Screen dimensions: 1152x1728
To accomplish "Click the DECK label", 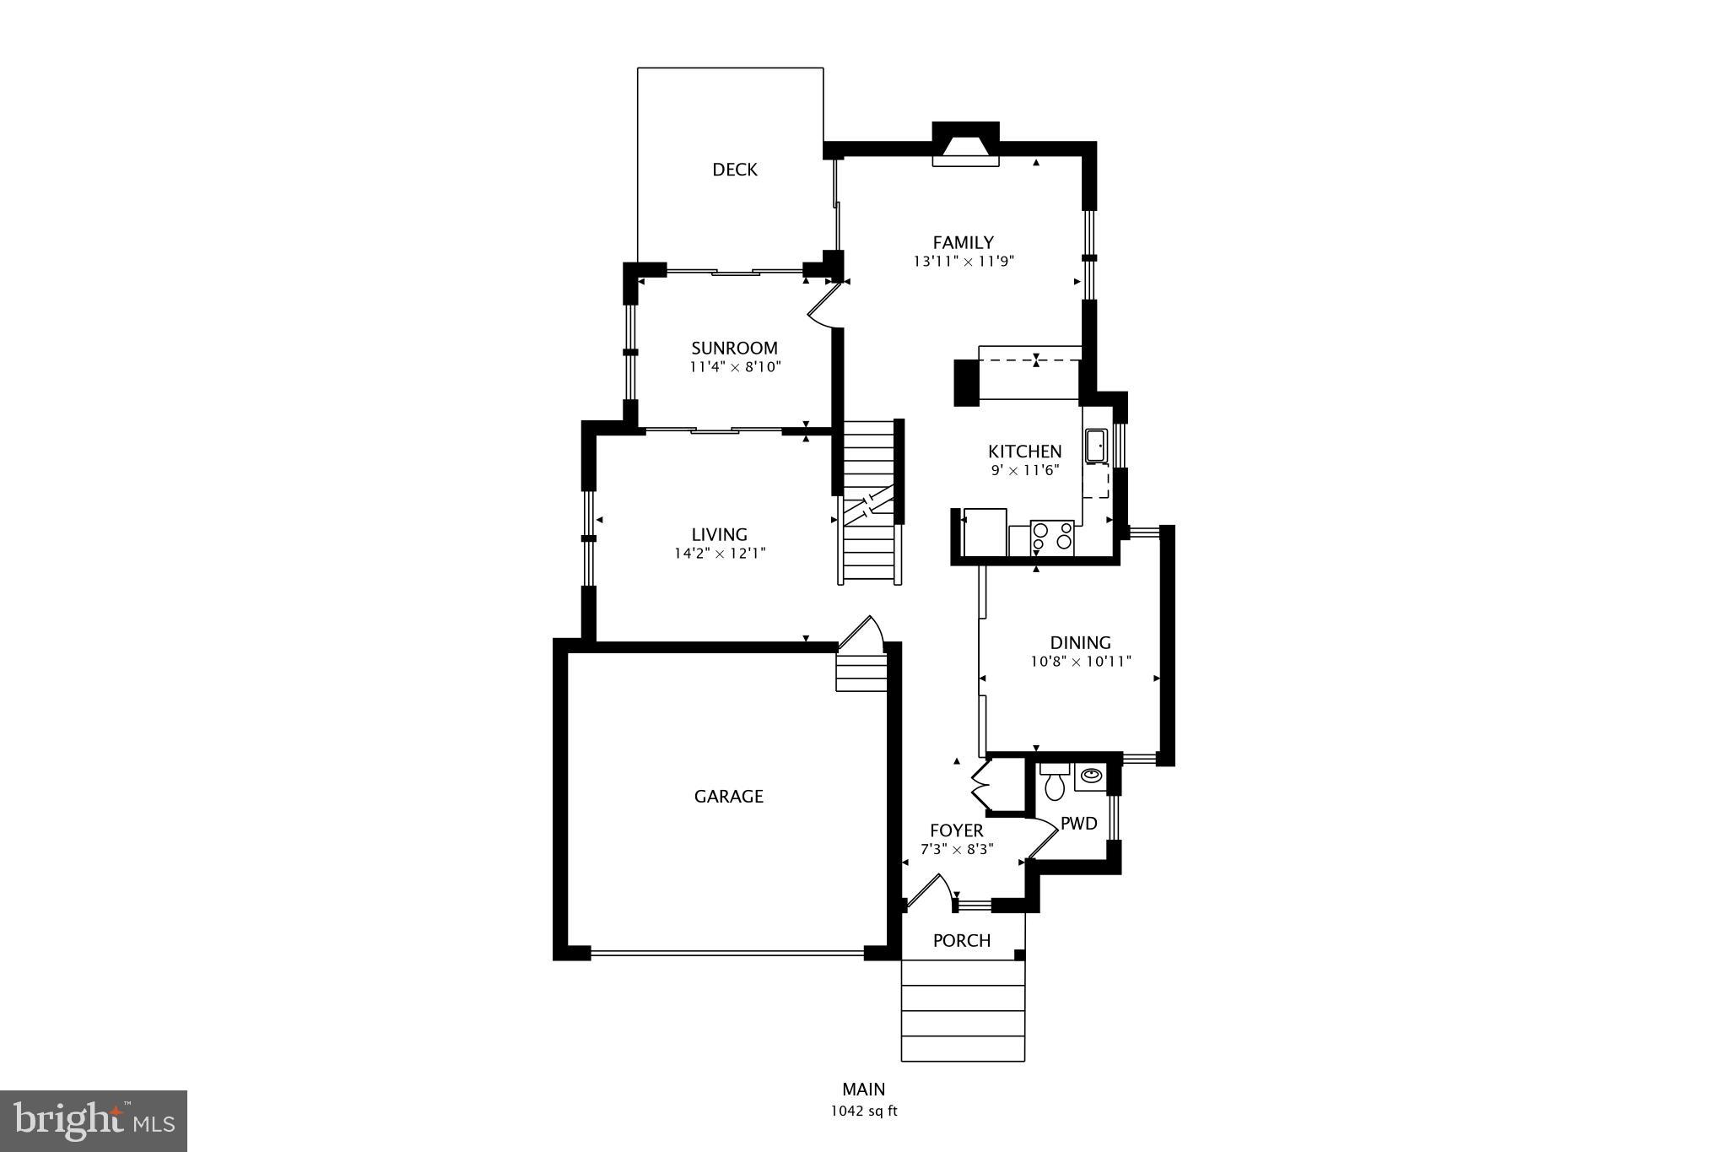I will tap(735, 170).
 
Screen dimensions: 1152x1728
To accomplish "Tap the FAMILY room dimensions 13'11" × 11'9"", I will tap(963, 262).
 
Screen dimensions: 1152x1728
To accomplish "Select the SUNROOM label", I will tap(734, 349).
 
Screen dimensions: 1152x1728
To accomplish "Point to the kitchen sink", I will tap(1096, 446).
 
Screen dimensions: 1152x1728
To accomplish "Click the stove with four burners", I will tap(1052, 538).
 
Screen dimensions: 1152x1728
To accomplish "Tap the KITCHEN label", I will tap(1024, 452).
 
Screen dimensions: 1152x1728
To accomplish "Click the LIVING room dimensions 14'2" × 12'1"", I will tap(719, 554).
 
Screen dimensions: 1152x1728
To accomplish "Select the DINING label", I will tap(1080, 643).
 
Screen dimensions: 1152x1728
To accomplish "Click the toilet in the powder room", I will tap(1054, 783).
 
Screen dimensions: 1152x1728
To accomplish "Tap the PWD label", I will tap(1078, 824).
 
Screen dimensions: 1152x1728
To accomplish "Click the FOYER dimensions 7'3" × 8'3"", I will tap(956, 850).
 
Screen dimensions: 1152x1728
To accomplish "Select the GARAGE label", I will tap(728, 797).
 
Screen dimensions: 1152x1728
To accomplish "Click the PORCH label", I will tap(961, 941).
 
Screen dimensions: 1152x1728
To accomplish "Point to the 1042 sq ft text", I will tap(863, 1111).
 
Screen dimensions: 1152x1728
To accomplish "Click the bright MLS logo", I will tap(94, 1121).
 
